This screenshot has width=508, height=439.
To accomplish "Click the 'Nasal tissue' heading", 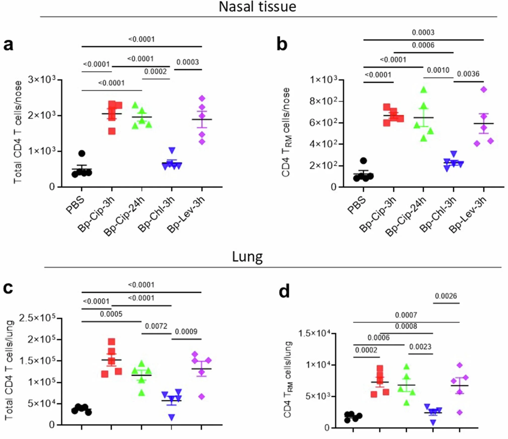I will pyautogui.click(x=257, y=7).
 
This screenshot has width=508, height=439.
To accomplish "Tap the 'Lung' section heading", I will pyautogui.click(x=247, y=257).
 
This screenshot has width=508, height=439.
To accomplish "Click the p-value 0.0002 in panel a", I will pyautogui.click(x=155, y=72).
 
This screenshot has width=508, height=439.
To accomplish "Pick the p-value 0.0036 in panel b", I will pyautogui.click(x=468, y=74).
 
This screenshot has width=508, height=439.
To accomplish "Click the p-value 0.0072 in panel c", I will pyautogui.click(x=156, y=326).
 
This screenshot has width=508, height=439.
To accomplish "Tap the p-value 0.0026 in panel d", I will pyautogui.click(x=446, y=296).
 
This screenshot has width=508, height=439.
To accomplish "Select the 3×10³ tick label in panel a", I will pyautogui.click(x=41, y=80).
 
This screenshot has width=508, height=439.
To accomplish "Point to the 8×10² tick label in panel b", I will pyautogui.click(x=323, y=101).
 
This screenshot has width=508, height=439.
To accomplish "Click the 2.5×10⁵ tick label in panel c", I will pyautogui.click(x=37, y=318).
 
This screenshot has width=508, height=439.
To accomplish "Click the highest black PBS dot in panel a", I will pyautogui.click(x=82, y=153).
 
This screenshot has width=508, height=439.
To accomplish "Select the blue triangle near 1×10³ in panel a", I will pyautogui.click(x=172, y=150).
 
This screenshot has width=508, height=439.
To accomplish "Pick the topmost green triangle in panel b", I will pyautogui.click(x=424, y=90).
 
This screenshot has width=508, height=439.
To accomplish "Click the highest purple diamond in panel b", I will pyautogui.click(x=484, y=90).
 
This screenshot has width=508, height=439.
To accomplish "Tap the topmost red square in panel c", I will pyautogui.click(x=111, y=341).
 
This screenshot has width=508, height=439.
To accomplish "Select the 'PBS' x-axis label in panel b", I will pyautogui.click(x=356, y=205).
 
